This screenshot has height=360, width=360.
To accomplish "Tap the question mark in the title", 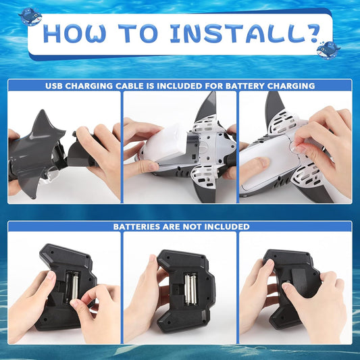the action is click(309, 34).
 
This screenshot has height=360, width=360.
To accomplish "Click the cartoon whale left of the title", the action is click(30, 17).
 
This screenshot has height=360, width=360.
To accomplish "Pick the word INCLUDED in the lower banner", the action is click(227, 227).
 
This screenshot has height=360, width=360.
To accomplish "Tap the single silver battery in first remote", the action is click(75, 286).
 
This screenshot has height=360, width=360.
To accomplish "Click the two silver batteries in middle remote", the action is click(190, 289).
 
